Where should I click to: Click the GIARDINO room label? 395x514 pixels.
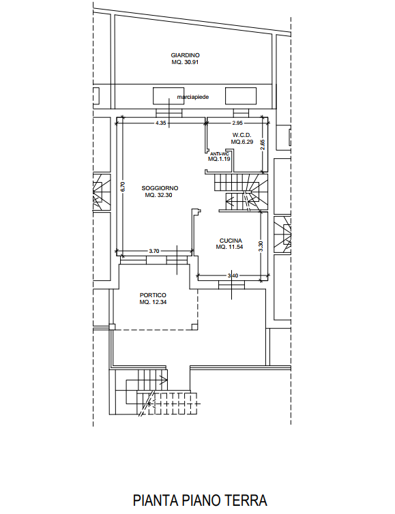[x=186, y=55]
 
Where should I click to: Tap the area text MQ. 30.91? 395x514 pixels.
[x=186, y=62]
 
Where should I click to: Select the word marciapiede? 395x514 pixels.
[x=192, y=97]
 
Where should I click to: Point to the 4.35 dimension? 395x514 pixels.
[x=161, y=123]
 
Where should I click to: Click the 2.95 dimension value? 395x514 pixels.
[x=237, y=123]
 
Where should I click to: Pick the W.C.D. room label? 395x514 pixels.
[x=242, y=135]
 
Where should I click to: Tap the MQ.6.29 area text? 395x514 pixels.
[x=242, y=142]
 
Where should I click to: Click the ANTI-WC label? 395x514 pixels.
[x=219, y=153]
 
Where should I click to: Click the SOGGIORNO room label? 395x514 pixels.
[x=160, y=187]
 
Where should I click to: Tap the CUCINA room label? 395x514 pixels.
[x=231, y=240]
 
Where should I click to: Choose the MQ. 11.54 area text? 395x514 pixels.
[x=231, y=247]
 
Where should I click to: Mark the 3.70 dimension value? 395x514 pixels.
[x=154, y=252]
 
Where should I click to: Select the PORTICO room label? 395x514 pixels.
[x=153, y=294]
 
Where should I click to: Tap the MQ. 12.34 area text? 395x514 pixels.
[x=153, y=301]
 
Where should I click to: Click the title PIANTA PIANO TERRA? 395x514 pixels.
[x=200, y=501]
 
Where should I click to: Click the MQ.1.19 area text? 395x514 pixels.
[x=219, y=159]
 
